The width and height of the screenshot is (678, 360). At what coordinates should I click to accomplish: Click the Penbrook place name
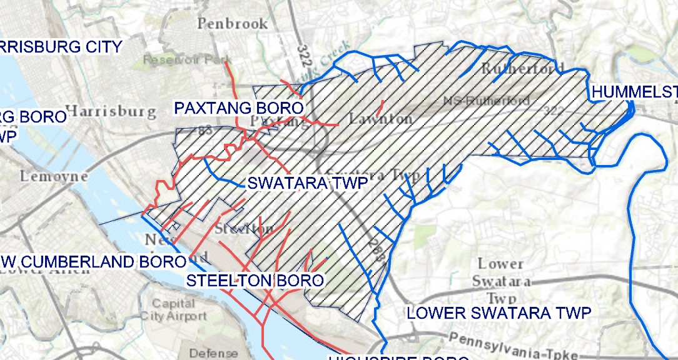(x=233, y=24)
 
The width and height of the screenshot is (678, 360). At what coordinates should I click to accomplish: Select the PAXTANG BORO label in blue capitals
(x=238, y=108)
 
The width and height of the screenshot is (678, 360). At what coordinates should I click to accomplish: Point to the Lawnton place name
(x=380, y=118)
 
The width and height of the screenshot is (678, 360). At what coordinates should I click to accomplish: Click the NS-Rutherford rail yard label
(x=485, y=101)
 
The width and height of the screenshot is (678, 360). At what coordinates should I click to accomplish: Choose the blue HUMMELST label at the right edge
(x=634, y=92)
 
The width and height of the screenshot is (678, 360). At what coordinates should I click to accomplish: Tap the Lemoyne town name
(x=54, y=176)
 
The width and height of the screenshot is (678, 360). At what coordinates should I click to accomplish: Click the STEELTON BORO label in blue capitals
(x=255, y=280)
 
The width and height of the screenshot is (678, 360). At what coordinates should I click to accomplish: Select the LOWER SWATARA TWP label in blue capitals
(x=498, y=313)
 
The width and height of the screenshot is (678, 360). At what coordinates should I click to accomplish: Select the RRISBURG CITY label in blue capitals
(x=61, y=46)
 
